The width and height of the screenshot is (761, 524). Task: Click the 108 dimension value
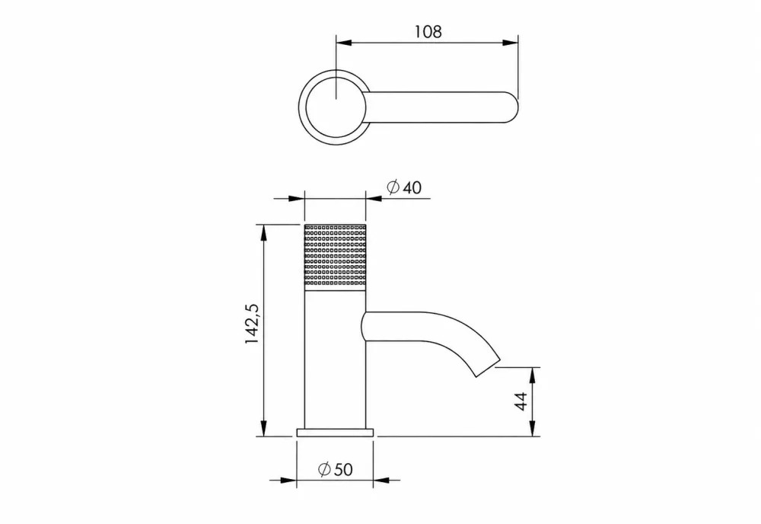428,31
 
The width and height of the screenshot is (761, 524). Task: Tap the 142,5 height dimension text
253,324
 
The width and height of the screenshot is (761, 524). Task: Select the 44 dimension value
521,401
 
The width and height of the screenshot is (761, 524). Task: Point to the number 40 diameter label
412,187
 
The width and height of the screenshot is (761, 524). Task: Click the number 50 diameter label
343,470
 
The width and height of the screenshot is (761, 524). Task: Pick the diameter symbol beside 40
393,187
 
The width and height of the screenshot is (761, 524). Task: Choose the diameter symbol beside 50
324,469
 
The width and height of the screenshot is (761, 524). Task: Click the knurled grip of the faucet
335,257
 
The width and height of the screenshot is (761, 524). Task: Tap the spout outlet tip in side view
488,368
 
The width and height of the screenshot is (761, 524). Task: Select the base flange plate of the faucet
335,432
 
